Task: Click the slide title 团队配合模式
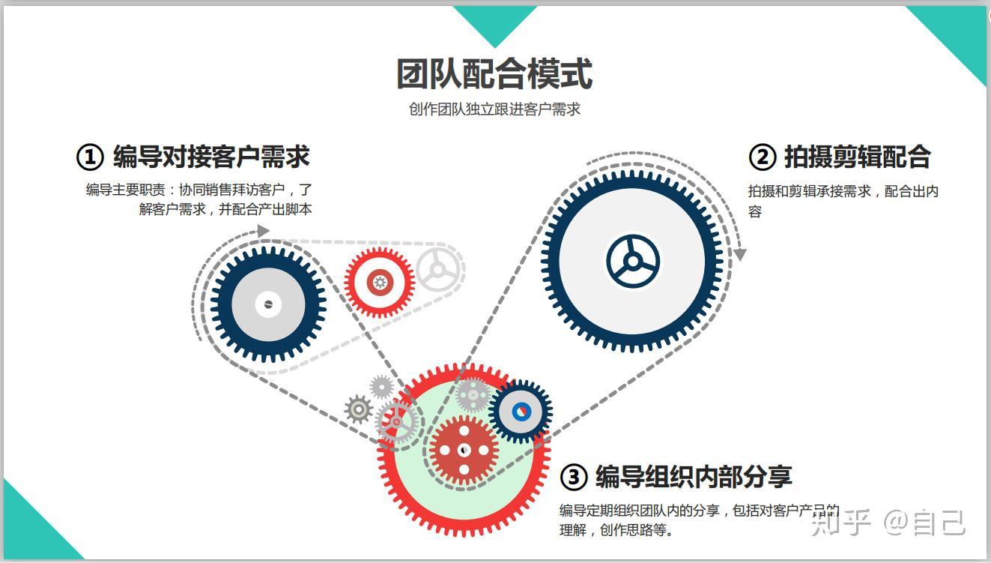(x=494, y=73)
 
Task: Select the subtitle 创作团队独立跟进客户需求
(x=494, y=109)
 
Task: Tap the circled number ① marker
(x=90, y=157)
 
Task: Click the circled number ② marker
(x=762, y=157)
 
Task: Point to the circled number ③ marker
(x=573, y=477)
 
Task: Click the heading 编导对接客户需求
(x=211, y=157)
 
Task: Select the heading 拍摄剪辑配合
(x=857, y=157)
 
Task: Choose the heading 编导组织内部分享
(x=694, y=476)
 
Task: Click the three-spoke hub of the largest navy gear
(x=633, y=262)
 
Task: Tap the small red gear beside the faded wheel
(x=380, y=283)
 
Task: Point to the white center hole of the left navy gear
(x=267, y=304)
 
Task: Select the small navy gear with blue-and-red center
(x=521, y=411)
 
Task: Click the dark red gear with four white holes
(x=464, y=450)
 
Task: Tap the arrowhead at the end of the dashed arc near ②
(x=739, y=255)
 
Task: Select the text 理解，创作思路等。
(x=616, y=531)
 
